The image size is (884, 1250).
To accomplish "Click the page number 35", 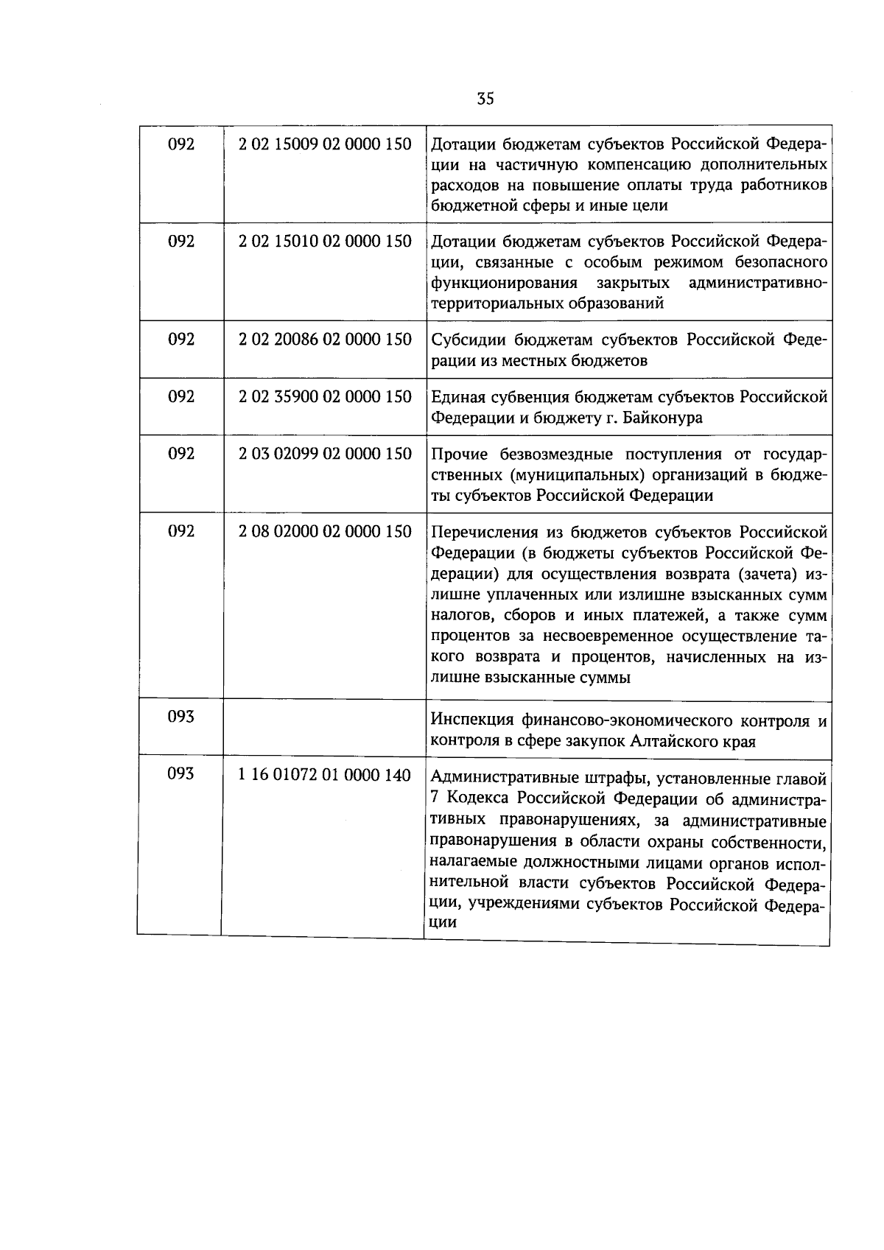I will pyautogui.click(x=485, y=98).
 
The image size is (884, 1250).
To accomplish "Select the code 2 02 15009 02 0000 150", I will pyautogui.click(x=325, y=144).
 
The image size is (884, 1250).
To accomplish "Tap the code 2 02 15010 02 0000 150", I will pyautogui.click(x=325, y=242).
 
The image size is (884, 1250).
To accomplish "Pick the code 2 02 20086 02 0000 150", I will pyautogui.click(x=325, y=340).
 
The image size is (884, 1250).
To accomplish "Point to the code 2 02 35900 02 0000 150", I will pyautogui.click(x=325, y=397).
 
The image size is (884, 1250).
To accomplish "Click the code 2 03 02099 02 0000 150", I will pyautogui.click(x=325, y=454).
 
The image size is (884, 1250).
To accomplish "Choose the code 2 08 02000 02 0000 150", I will pyautogui.click(x=325, y=531).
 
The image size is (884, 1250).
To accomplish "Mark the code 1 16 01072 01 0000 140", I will pyautogui.click(x=325, y=774).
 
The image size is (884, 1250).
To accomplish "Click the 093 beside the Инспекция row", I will pyautogui.click(x=180, y=716).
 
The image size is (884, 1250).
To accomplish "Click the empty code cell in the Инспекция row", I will pyautogui.click(x=325, y=726).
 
